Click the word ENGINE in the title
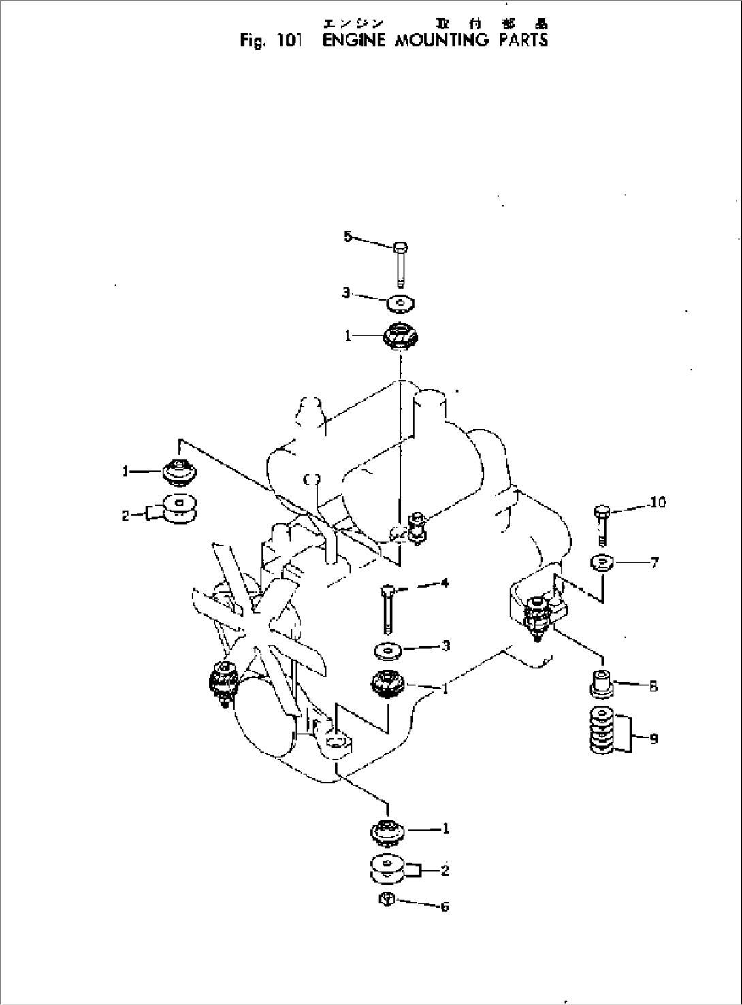point(348,40)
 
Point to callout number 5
point(348,236)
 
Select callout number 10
point(658,502)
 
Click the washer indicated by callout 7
point(602,563)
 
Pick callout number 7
point(654,563)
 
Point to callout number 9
point(654,738)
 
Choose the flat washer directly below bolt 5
point(401,301)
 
